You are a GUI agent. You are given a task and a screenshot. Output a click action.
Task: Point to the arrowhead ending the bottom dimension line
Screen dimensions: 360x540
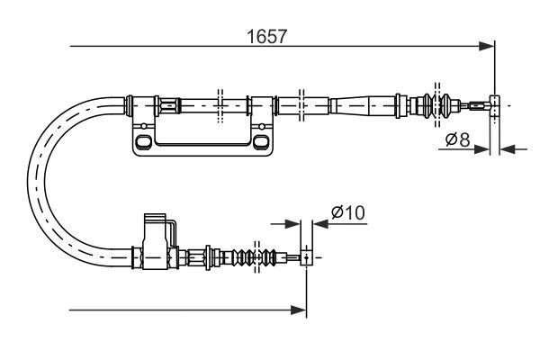point(301,310)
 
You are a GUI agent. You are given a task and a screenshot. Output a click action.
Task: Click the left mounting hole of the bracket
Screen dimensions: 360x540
point(143,142)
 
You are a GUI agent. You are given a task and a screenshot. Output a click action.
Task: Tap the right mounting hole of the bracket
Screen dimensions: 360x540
point(260,142)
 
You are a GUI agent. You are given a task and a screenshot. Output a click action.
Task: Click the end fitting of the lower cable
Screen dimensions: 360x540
point(306,258)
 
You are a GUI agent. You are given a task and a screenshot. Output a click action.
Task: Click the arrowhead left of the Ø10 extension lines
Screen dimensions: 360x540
point(293,225)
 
